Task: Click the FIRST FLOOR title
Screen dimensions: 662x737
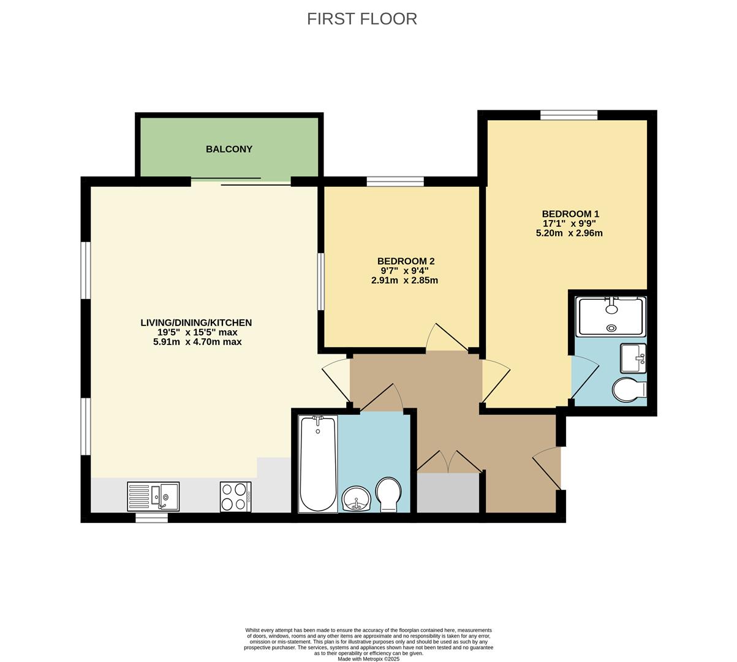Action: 361,19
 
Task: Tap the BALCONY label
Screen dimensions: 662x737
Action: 229,149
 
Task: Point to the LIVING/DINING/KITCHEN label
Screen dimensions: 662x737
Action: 196,322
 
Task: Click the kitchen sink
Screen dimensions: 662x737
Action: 153,496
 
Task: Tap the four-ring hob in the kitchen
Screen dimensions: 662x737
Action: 235,496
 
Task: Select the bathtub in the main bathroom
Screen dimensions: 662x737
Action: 317,464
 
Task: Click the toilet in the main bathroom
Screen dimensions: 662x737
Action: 388,494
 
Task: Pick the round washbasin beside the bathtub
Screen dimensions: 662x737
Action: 356,498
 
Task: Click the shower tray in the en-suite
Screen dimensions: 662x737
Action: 610,316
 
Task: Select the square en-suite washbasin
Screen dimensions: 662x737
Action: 633,358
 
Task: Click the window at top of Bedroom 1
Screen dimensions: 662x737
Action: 569,115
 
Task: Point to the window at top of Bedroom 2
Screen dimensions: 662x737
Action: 395,181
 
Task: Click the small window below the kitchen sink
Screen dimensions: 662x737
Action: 151,518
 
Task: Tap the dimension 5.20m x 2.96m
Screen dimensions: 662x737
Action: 569,233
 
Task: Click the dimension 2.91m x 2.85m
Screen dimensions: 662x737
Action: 404,281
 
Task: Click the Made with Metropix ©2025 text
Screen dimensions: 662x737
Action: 368,660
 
